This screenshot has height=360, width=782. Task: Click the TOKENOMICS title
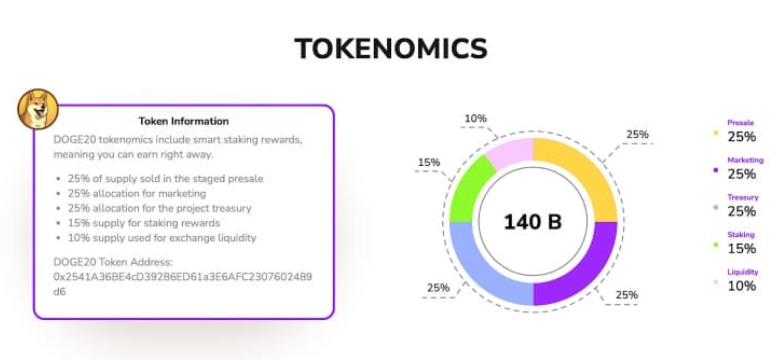point(391,48)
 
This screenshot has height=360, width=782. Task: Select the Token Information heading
point(183,121)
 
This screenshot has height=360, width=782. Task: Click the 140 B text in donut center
point(532,221)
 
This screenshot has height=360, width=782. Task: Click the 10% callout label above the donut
point(475,118)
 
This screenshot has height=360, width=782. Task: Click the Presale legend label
point(741,123)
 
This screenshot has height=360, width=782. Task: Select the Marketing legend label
point(745,160)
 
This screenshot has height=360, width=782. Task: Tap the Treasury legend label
point(743,197)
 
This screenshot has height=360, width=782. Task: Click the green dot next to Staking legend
point(715,246)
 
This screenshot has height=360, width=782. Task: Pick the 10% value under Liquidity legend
point(742,285)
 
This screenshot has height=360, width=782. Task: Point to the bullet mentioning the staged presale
point(166,178)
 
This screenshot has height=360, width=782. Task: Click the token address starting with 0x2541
point(183,276)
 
